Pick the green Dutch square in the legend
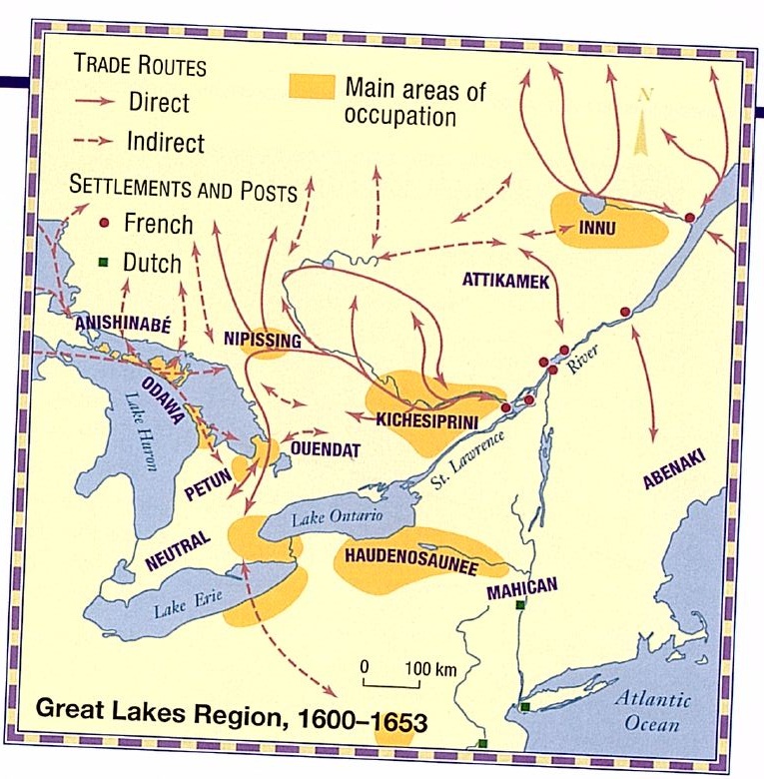click(x=104, y=263)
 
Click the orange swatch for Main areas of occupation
click(x=311, y=87)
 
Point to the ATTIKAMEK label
click(x=506, y=283)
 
